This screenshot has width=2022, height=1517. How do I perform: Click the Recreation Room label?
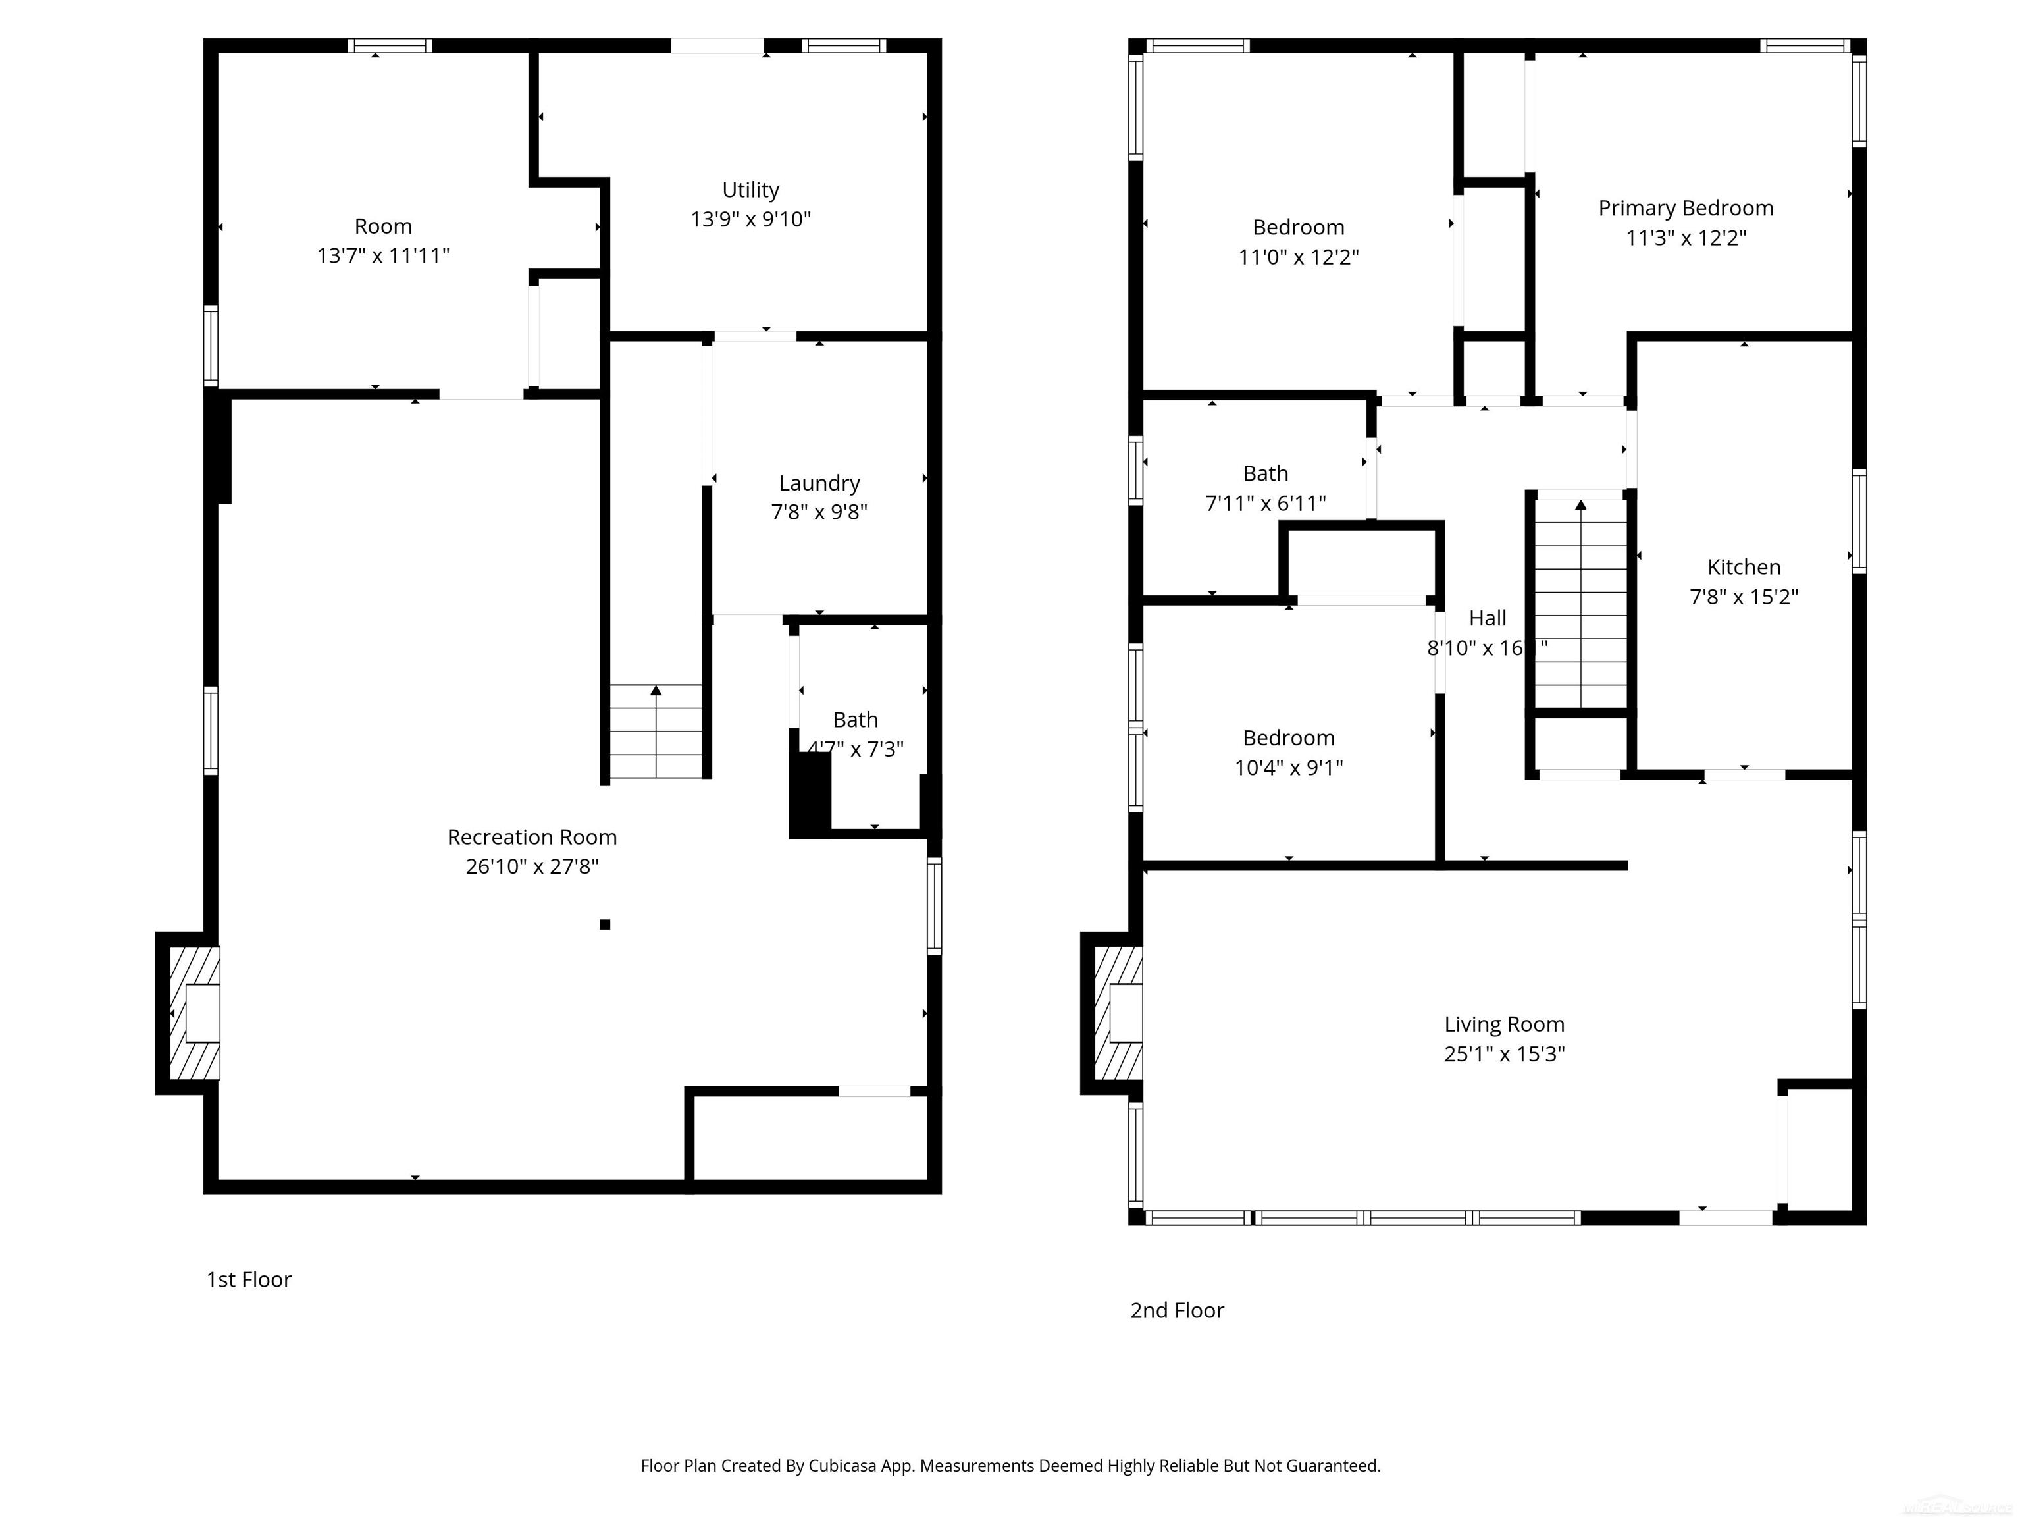tap(531, 837)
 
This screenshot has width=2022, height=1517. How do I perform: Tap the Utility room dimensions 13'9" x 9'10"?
tap(750, 219)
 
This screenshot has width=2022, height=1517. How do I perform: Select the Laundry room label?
tap(819, 483)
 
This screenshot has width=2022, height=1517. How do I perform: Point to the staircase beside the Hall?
tap(1580, 604)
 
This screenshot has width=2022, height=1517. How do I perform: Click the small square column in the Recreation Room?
tap(604, 924)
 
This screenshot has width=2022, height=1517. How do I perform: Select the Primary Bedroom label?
tap(1686, 209)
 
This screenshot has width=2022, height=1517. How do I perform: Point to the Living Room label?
tap(1504, 1024)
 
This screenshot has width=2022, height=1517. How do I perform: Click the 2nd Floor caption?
tap(1176, 1310)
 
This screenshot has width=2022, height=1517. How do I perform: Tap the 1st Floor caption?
tap(249, 1279)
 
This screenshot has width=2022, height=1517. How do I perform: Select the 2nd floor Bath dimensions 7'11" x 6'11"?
tap(1265, 503)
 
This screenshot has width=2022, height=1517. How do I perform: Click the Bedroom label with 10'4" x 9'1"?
tap(1288, 738)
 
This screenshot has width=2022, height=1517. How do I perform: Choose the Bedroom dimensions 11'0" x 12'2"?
tap(1298, 257)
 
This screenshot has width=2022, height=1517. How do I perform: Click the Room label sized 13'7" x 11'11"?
tap(383, 226)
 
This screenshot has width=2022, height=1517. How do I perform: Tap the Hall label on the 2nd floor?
tap(1488, 618)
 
